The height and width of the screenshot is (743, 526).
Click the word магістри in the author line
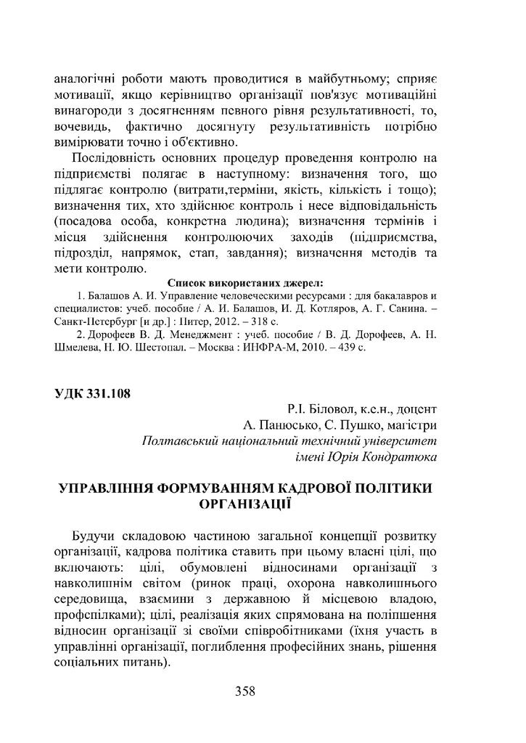[x=411, y=425]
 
